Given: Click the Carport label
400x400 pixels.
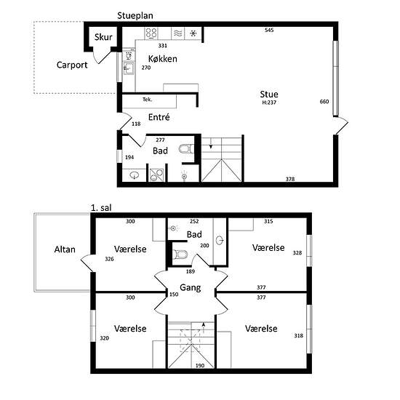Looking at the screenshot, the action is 72,65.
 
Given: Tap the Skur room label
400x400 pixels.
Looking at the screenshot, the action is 103,37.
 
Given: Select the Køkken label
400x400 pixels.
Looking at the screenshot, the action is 162,59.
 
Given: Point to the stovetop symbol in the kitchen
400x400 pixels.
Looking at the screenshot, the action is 151,33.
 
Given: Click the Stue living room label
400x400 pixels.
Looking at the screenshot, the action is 269,94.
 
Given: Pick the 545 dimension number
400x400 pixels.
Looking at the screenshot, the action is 269,30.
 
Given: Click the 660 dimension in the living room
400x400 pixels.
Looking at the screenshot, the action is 324,102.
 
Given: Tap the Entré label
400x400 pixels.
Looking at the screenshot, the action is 159,117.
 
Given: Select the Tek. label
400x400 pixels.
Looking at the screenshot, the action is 147,100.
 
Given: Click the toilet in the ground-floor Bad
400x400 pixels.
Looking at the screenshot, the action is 185,149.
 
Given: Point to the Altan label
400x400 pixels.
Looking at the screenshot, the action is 65,249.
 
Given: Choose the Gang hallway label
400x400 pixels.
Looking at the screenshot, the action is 191,288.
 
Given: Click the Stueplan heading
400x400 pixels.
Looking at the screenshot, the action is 135,15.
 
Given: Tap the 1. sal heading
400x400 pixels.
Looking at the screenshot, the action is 101,208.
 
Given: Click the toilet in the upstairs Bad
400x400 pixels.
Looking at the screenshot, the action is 180,255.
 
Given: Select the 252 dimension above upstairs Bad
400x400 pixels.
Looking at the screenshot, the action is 194,221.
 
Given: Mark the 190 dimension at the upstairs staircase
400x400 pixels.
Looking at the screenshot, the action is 200,366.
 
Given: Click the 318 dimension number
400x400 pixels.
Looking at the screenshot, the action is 298,335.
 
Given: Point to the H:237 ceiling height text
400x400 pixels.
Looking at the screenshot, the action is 269,103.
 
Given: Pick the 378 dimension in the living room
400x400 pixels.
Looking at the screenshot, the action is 290,179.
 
